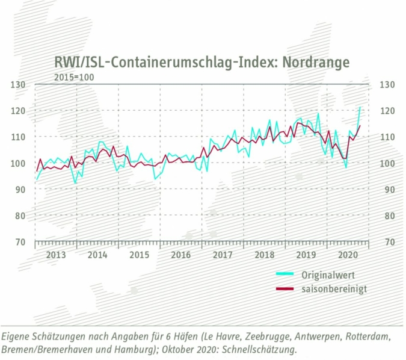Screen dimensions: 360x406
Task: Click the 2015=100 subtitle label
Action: (x=74, y=76)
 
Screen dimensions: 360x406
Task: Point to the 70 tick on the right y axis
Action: (x=386, y=242)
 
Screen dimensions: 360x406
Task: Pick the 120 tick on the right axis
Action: (x=386, y=111)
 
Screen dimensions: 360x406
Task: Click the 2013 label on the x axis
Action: (x=55, y=255)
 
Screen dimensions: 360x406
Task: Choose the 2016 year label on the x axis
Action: (x=180, y=255)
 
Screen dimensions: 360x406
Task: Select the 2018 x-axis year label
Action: (x=264, y=255)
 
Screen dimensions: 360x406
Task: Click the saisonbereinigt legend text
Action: (x=335, y=289)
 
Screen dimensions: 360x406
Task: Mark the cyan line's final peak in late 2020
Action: (x=360, y=107)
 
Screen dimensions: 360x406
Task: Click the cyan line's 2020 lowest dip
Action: (x=346, y=167)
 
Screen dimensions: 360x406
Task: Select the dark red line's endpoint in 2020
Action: (x=360, y=125)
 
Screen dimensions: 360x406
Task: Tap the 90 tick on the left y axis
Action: (x=19, y=190)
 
